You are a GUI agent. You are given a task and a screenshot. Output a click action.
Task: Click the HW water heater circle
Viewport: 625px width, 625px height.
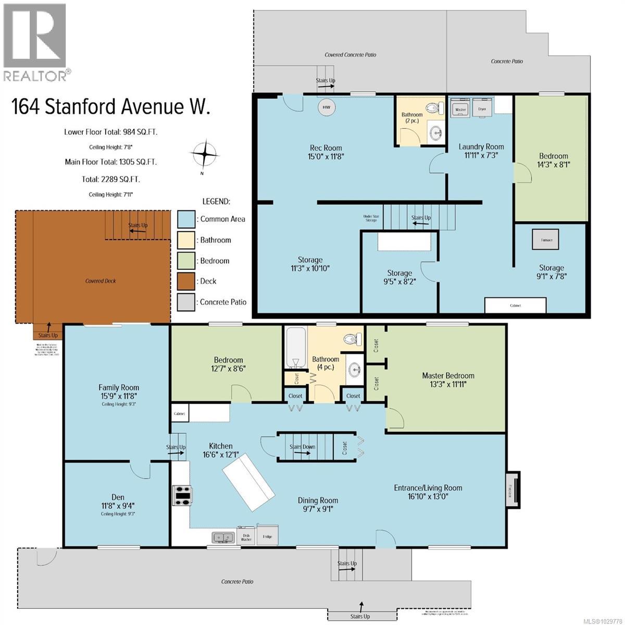click(327, 108)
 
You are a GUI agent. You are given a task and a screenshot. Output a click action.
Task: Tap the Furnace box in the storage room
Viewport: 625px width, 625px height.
click(546, 240)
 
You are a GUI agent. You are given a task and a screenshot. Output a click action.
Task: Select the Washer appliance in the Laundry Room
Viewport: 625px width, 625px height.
click(460, 110)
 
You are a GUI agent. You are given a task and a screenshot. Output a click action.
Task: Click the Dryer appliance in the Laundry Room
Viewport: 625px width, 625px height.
click(482, 110)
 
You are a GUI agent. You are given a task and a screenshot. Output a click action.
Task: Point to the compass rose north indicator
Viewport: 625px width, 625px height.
click(205, 154)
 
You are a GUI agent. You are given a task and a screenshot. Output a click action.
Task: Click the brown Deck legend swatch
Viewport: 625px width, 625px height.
click(186, 281)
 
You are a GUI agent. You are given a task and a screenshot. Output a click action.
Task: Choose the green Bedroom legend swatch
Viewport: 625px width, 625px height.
click(186, 261)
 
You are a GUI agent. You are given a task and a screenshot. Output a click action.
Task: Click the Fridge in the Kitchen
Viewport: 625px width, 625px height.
click(267, 535)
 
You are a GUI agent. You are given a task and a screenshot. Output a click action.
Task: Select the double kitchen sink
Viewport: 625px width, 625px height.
click(224, 537)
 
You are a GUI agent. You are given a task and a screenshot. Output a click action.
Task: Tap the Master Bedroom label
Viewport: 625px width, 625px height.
click(448, 376)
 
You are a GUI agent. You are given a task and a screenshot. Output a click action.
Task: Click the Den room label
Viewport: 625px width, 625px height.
click(118, 497)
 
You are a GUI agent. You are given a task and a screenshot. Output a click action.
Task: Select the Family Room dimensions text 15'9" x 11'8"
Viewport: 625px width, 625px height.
click(119, 396)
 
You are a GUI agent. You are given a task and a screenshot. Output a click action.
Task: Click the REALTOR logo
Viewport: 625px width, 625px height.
click(35, 42)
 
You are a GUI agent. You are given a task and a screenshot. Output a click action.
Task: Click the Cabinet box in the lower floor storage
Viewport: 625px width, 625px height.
click(515, 305)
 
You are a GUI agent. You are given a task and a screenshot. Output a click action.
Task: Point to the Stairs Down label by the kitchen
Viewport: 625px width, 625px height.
click(303, 447)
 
